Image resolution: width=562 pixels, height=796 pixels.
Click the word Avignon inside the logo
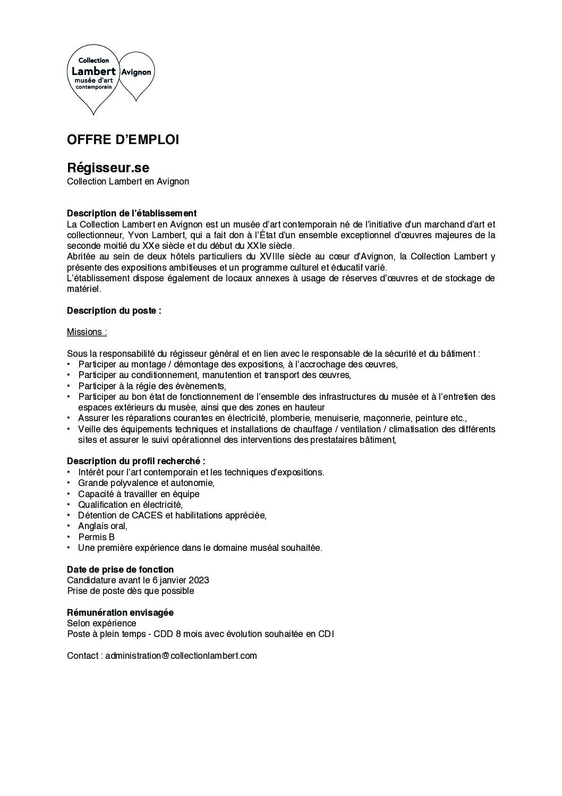pyautogui.click(x=137, y=72)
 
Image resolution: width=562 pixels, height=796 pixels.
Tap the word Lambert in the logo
pyautogui.click(x=93, y=71)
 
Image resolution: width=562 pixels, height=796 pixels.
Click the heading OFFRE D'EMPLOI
pyautogui.click(x=123, y=140)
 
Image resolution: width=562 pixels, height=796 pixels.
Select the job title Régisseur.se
pyautogui.click(x=108, y=167)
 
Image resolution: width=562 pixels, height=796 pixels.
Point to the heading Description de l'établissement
pyautogui.click(x=132, y=213)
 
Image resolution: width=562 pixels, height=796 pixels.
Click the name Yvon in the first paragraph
pyautogui.click(x=138, y=235)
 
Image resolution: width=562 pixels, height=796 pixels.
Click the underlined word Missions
pyautogui.click(x=86, y=332)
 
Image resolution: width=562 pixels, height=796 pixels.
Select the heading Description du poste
pyautogui.click(x=114, y=311)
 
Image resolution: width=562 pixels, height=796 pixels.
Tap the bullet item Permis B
pyautogui.click(x=96, y=537)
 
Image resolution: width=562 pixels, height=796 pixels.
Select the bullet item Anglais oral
pyautogui.click(x=103, y=526)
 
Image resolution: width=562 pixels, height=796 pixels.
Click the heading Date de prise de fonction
pyautogui.click(x=120, y=569)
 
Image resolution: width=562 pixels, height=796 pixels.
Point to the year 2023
pyautogui.click(x=199, y=580)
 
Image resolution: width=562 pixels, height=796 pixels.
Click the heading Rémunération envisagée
pyautogui.click(x=120, y=613)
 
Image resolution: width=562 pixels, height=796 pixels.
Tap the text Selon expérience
pyautogui.click(x=101, y=623)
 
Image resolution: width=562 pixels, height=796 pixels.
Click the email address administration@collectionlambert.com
pyautogui.click(x=181, y=656)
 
